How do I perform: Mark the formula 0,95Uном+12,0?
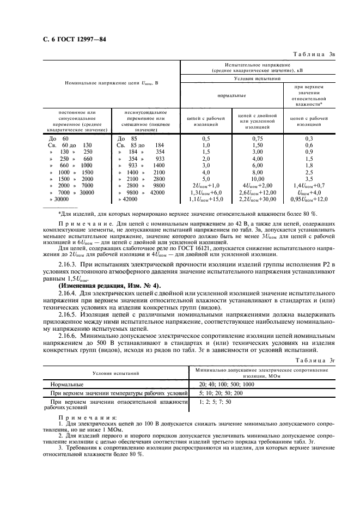pos(309,199)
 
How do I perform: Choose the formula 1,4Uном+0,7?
pos(309,185)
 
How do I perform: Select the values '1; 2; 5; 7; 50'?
pos(215,402)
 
